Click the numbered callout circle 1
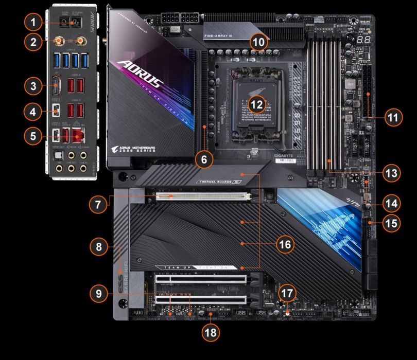pos(32,22)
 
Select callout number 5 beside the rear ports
pos(32,136)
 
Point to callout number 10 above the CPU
pos(259,41)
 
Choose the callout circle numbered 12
pos(257,103)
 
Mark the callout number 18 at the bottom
pos(210,332)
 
